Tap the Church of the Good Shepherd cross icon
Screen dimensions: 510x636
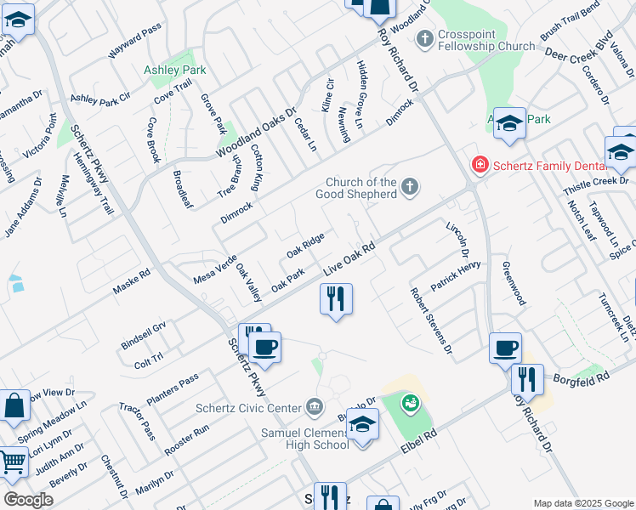click(410, 187)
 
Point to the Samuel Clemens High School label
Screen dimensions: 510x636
click(305, 438)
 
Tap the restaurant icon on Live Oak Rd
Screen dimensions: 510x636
click(336, 298)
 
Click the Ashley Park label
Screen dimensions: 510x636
click(174, 69)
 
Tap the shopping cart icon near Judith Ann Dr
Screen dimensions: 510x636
click(13, 463)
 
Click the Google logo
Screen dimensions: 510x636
click(27, 500)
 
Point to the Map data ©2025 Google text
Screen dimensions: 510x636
click(582, 503)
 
